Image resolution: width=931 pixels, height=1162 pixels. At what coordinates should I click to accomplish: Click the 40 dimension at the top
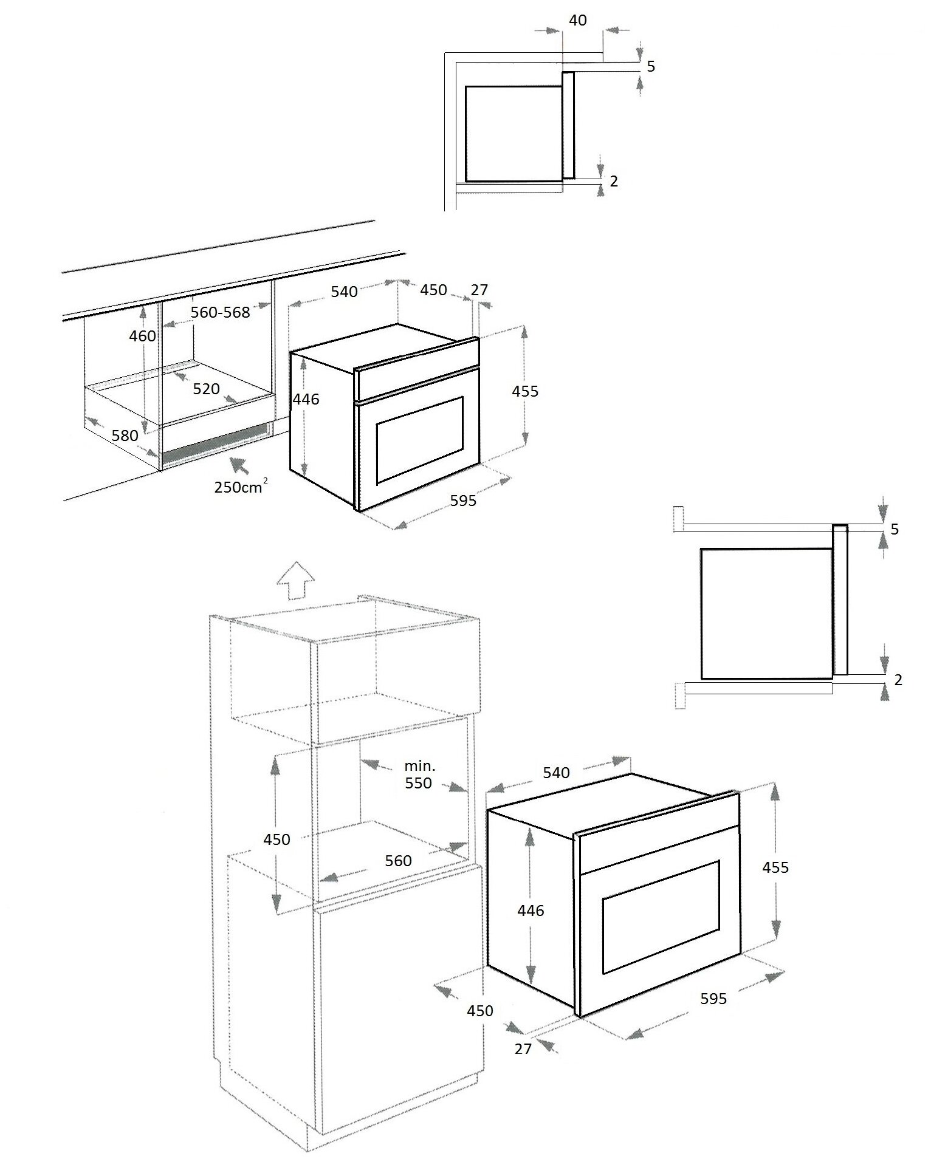[578, 20]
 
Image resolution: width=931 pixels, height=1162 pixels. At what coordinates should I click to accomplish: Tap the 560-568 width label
[220, 312]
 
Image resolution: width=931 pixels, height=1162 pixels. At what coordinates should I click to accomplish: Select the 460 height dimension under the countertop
[143, 335]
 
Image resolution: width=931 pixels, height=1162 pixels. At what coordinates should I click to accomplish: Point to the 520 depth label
[206, 389]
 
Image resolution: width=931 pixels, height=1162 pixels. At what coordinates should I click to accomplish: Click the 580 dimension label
[125, 435]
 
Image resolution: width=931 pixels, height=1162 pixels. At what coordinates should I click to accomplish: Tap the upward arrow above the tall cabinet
[295, 581]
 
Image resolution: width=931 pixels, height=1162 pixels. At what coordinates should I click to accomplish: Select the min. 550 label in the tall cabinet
[419, 774]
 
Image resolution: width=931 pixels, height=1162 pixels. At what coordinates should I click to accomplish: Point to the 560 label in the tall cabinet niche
[399, 860]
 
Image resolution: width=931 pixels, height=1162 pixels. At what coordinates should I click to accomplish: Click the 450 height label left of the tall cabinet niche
[277, 839]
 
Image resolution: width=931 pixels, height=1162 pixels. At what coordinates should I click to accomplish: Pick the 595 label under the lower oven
[713, 998]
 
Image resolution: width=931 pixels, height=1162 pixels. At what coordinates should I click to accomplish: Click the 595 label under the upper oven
[464, 501]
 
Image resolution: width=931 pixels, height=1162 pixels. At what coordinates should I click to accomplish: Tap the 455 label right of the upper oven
[525, 391]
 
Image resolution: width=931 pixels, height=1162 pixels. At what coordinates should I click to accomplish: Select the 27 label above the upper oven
[479, 290]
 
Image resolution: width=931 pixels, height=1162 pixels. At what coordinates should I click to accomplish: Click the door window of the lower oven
[661, 916]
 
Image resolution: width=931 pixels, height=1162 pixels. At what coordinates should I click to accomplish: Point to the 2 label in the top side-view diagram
[614, 181]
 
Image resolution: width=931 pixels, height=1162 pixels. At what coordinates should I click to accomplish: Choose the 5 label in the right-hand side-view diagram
[895, 529]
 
